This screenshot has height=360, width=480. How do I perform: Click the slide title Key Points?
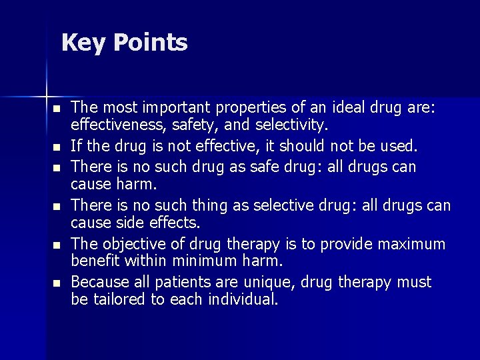click(125, 43)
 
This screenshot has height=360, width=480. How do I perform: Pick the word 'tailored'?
click(118, 300)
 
